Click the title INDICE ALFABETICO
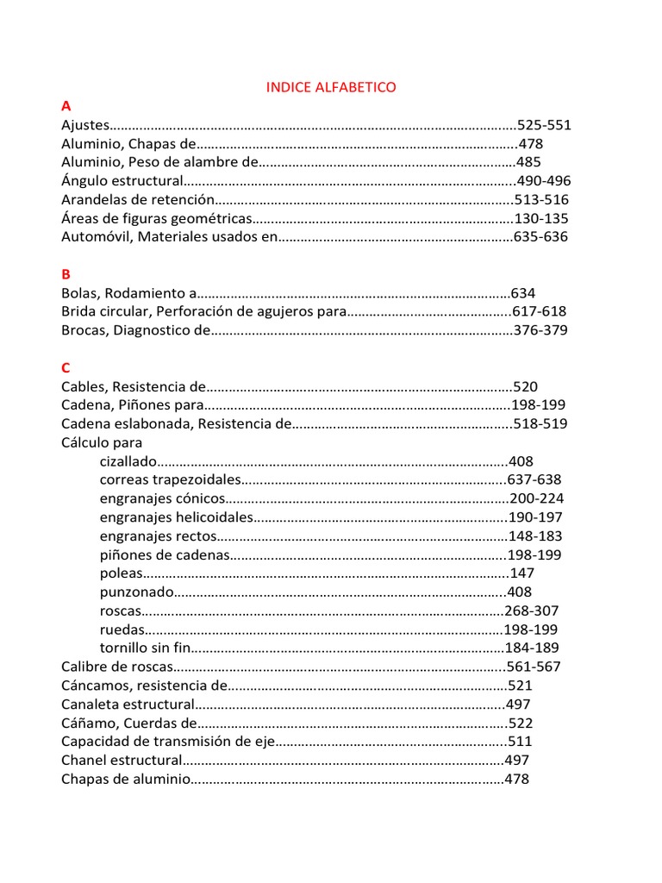[x=331, y=87]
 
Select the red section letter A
[x=66, y=106]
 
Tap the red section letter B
[x=66, y=274]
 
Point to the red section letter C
[x=66, y=368]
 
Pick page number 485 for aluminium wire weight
[x=528, y=162]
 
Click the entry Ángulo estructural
[x=122, y=181]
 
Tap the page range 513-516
[x=541, y=200]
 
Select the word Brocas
[x=83, y=330]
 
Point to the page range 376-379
[x=540, y=330]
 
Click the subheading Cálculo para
[x=102, y=442]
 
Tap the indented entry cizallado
[x=129, y=461]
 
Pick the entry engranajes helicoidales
[x=177, y=517]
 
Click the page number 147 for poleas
[x=522, y=573]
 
